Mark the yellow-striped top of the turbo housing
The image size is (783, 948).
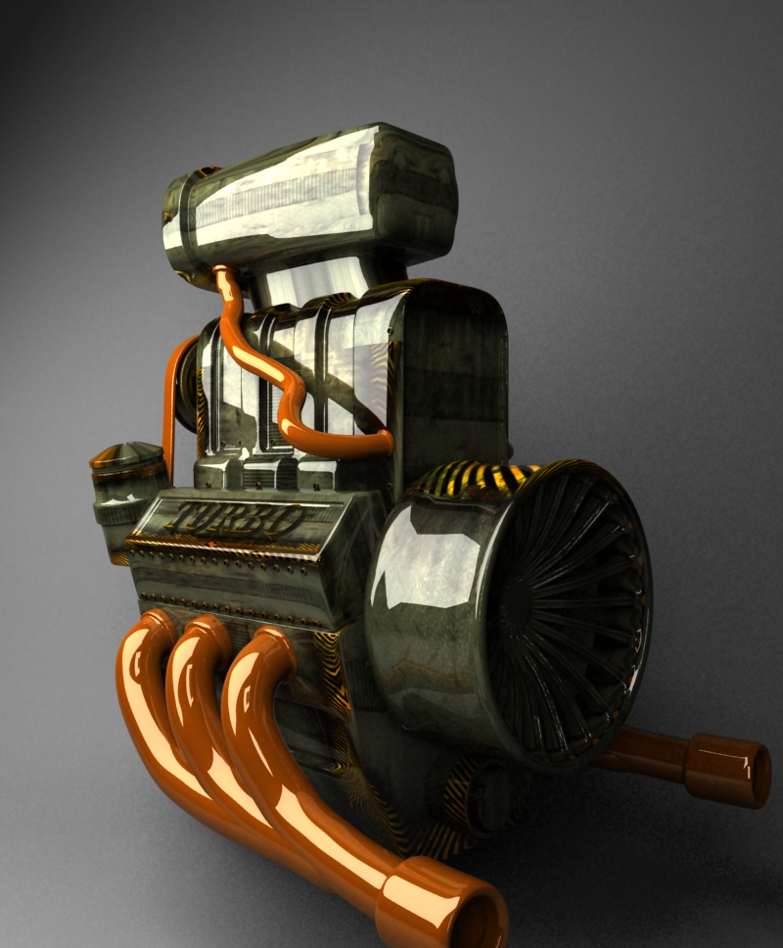(x=480, y=478)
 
